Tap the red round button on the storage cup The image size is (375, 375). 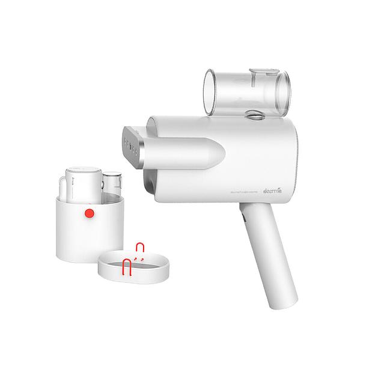[x=89, y=213]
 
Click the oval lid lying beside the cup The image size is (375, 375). [x=133, y=265]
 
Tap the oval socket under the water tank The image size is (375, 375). [x=255, y=114]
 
